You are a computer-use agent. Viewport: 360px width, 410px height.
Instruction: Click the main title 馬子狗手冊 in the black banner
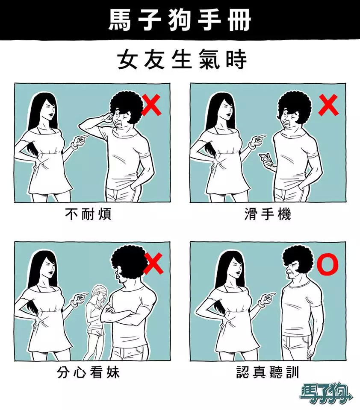pyautogui.click(x=180, y=20)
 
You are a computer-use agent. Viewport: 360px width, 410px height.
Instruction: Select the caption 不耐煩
pyautogui.click(x=88, y=214)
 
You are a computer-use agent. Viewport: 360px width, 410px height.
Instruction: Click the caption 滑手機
pyautogui.click(x=268, y=214)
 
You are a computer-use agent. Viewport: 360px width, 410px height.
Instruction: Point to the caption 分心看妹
pyautogui.click(x=88, y=372)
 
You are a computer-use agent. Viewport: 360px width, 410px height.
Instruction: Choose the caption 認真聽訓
pyautogui.click(x=268, y=372)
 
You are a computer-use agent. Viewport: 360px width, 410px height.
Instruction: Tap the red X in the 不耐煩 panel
pyautogui.click(x=151, y=105)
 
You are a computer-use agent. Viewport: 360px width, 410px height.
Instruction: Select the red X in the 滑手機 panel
pyautogui.click(x=328, y=105)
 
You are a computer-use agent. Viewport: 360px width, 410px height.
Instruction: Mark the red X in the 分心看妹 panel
pyautogui.click(x=154, y=264)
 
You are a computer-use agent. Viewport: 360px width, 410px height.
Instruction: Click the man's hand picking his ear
pyautogui.click(x=107, y=117)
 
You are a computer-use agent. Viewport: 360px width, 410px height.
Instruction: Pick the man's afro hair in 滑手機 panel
pyautogui.click(x=294, y=106)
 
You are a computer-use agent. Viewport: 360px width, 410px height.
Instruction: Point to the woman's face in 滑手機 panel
pyautogui.click(x=227, y=109)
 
